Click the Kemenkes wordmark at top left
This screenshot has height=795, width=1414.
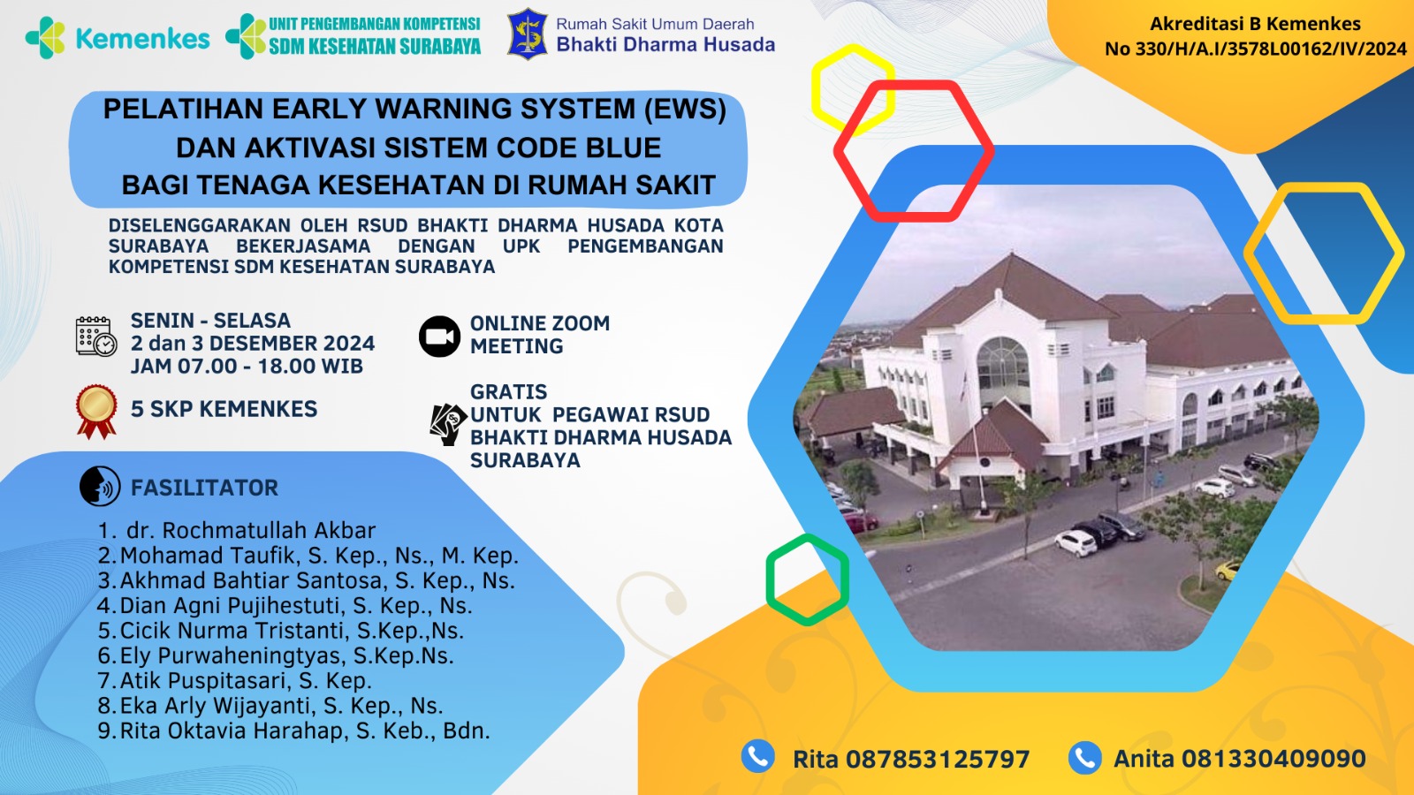click(142, 39)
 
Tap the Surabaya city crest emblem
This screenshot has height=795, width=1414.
click(528, 34)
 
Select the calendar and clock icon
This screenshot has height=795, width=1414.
click(96, 337)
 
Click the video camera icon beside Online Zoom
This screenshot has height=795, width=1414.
click(439, 337)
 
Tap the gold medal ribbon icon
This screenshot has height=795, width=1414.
click(96, 412)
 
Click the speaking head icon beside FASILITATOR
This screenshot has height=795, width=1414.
click(100, 487)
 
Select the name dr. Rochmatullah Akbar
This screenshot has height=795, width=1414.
click(251, 530)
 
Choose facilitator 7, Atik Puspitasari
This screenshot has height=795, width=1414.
click(246, 681)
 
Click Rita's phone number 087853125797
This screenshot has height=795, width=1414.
click(938, 759)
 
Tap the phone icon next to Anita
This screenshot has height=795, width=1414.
click(1085, 757)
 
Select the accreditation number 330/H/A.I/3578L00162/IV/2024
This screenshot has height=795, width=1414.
click(1271, 49)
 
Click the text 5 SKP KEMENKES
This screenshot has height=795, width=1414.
click(224, 409)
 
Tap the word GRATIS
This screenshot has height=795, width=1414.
click(509, 392)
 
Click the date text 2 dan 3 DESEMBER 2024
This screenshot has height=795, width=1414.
click(253, 344)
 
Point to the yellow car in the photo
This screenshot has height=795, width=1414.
click(1228, 570)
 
